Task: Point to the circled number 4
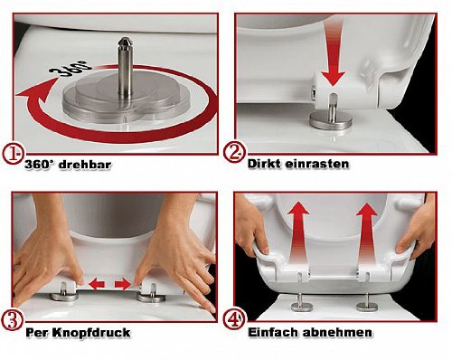click(233, 319)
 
